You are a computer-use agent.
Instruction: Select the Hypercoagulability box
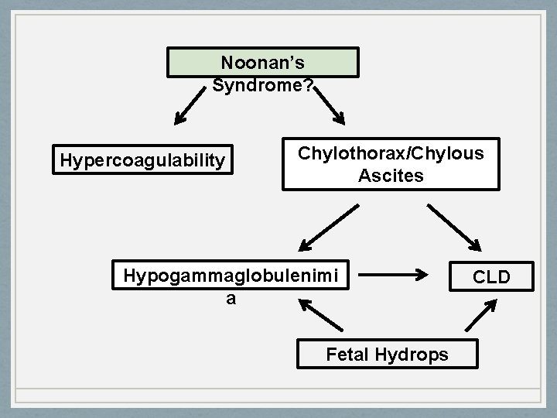tap(142, 160)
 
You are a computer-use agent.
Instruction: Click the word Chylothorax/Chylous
tap(391, 153)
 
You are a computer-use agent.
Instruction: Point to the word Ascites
tap(391, 176)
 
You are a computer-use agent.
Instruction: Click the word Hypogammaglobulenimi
tap(231, 275)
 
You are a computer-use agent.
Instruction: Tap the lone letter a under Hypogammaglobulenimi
tap(231, 297)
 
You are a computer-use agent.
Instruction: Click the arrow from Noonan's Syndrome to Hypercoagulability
tap(193, 107)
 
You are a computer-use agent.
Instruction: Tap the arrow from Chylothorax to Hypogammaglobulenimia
tap(329, 228)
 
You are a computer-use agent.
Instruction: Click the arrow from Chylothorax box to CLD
tap(454, 228)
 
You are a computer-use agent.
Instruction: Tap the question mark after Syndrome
tap(308, 84)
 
